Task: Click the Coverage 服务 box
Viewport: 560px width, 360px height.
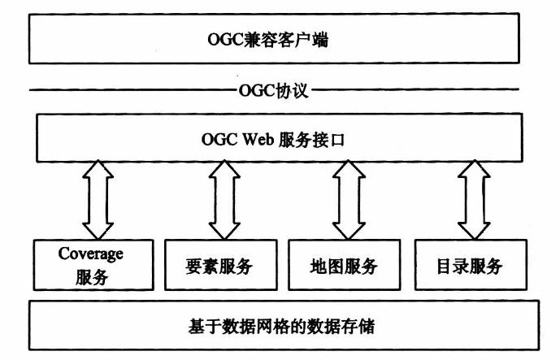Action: point(90,265)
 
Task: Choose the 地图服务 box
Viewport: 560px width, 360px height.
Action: point(344,265)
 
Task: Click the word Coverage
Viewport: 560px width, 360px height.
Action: point(90,253)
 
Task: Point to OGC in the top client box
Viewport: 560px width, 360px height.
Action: point(224,38)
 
